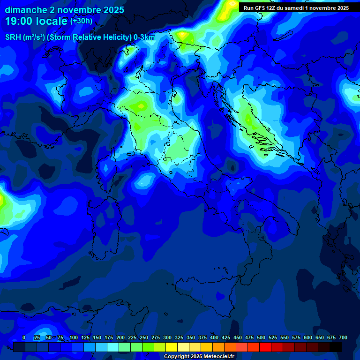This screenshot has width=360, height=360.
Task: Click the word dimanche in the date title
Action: click(x=25, y=10)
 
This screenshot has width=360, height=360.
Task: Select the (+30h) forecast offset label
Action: click(x=81, y=21)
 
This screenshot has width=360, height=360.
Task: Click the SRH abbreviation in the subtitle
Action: click(x=13, y=37)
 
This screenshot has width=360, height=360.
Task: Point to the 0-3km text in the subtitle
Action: click(x=144, y=37)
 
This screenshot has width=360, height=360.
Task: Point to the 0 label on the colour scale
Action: click(x=24, y=338)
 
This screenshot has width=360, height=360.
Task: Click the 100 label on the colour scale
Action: click(x=74, y=338)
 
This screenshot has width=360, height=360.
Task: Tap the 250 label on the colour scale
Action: click(x=144, y=338)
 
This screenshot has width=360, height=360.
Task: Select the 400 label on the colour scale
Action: click(x=214, y=338)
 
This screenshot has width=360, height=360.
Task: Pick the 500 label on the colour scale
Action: click(x=261, y=338)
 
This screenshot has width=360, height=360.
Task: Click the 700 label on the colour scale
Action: click(x=343, y=338)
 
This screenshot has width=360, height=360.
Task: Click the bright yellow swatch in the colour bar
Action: click(x=172, y=347)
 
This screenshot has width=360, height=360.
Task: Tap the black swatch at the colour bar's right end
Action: click(x=336, y=347)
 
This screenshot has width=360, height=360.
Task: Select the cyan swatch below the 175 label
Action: click(x=113, y=347)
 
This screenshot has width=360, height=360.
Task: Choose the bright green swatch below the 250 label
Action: click(x=148, y=347)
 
